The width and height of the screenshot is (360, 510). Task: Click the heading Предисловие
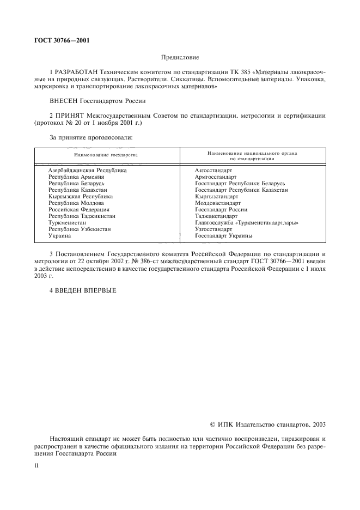coord(180,57)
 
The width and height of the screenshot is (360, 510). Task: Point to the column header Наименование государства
coord(106,155)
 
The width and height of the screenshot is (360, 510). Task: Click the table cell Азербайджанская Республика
coord(87,171)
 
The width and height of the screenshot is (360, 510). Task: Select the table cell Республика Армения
coord(76,177)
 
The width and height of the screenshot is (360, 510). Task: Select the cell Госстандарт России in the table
coord(221,210)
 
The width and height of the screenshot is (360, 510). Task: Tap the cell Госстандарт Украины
coord(223,236)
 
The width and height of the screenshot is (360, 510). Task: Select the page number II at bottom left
coord(36,466)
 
